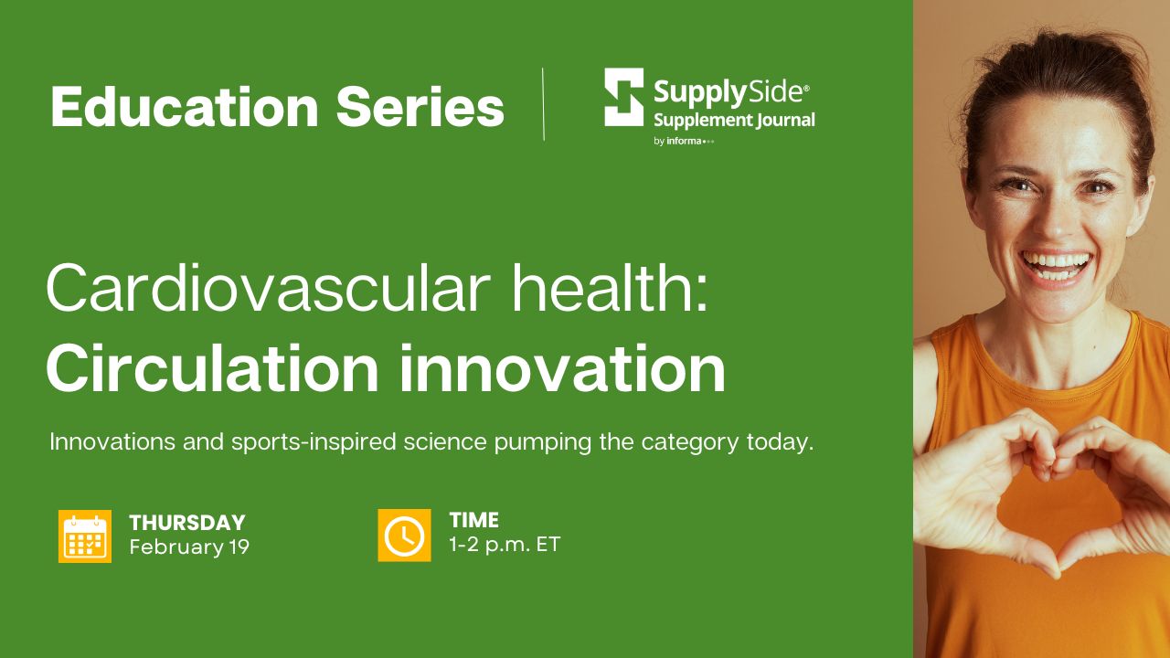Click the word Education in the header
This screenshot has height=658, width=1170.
[185, 107]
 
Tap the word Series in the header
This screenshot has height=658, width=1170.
[420, 107]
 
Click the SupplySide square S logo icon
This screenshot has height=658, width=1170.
[623, 97]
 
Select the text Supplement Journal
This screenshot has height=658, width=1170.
[734, 120]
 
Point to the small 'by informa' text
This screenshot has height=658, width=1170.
[684, 141]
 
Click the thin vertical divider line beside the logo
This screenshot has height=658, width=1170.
[544, 104]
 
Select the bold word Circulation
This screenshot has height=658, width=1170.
[212, 367]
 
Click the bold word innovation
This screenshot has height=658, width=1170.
[562, 367]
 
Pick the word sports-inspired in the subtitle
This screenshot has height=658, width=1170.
[314, 442]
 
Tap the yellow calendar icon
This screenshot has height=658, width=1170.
[85, 536]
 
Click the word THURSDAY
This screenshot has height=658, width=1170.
[187, 523]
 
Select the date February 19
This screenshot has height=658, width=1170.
[189, 547]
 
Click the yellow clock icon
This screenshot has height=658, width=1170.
[404, 536]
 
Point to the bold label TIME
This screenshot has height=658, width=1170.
[473, 520]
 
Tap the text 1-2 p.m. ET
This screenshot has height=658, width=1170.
[505, 545]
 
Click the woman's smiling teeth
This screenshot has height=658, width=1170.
[1056, 265]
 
